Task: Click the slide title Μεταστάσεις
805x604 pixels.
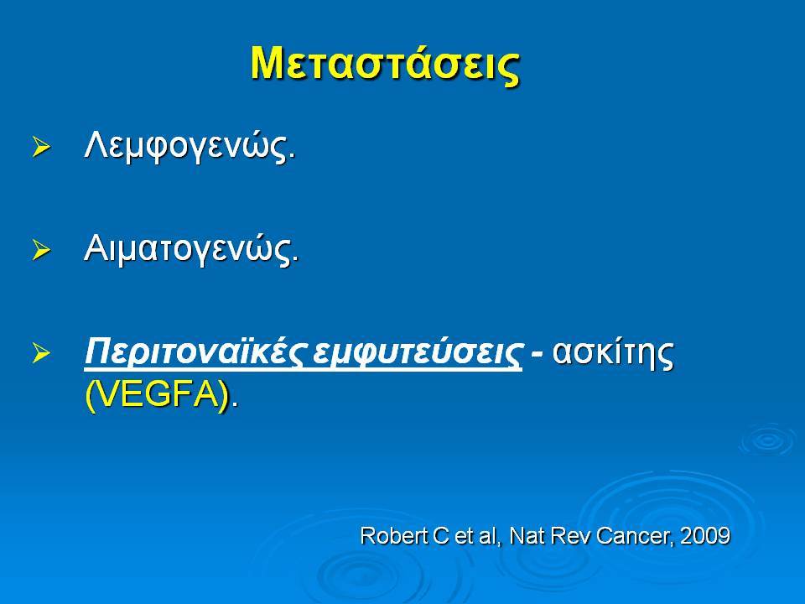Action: pyautogui.click(x=385, y=65)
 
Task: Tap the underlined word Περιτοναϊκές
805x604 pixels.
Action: pyautogui.click(x=196, y=352)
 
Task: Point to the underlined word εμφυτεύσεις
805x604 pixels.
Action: pyautogui.click(x=417, y=353)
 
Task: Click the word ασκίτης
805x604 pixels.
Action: pyautogui.click(x=613, y=353)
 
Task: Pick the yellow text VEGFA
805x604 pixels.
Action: pyautogui.click(x=157, y=395)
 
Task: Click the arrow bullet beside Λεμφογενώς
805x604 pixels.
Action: pyautogui.click(x=41, y=148)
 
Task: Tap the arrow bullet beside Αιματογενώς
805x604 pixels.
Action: pyautogui.click(x=41, y=250)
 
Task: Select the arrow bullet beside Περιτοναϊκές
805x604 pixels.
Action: pyautogui.click(x=41, y=353)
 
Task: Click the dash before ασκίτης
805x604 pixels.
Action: pyautogui.click(x=537, y=354)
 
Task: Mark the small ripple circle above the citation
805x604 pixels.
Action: pyautogui.click(x=769, y=440)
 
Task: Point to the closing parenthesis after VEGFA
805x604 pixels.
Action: pyautogui.click(x=225, y=396)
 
